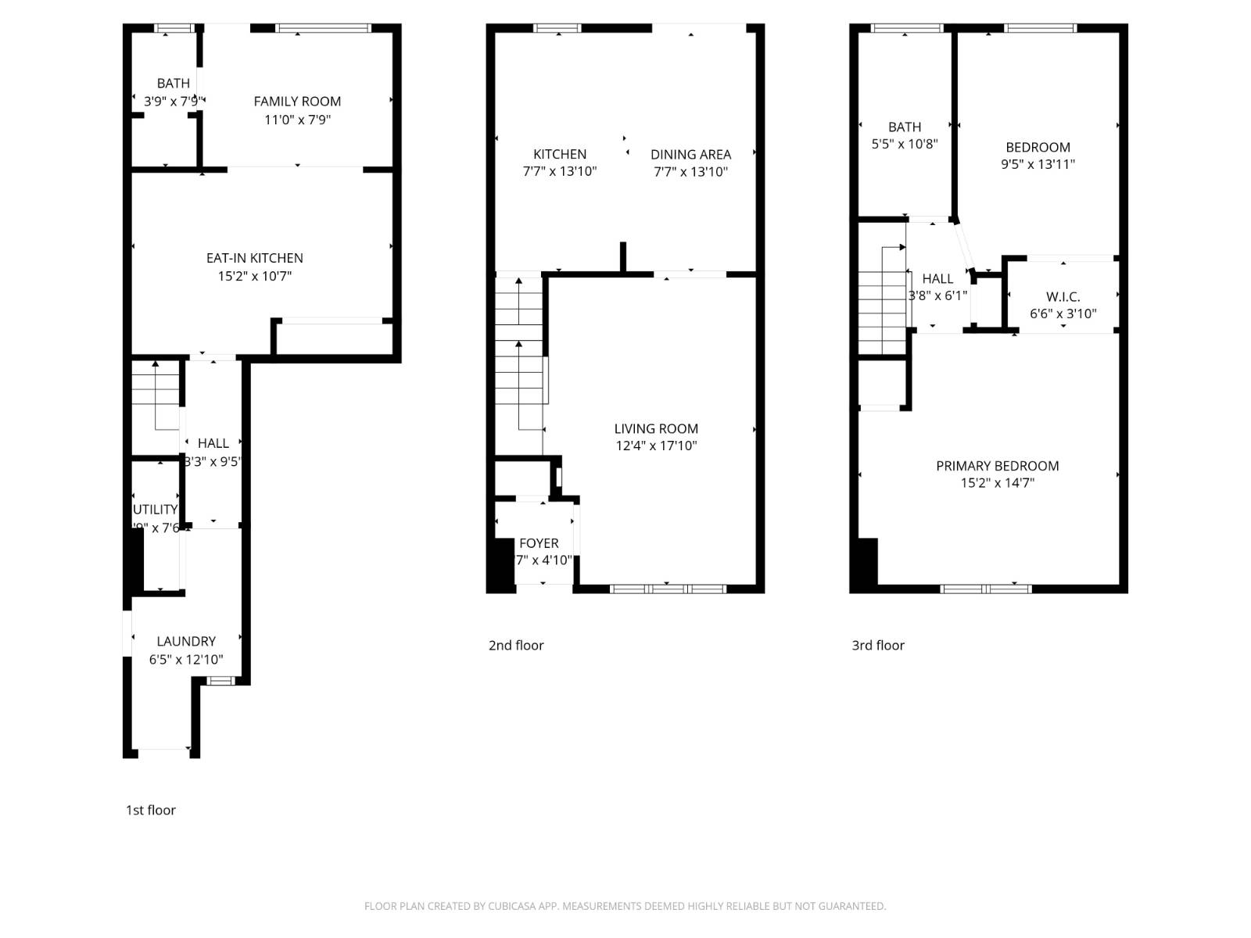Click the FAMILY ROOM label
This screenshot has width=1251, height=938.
coord(297,101)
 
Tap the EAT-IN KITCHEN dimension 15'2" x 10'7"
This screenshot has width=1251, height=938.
coord(254,276)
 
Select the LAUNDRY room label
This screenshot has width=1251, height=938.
coord(186,641)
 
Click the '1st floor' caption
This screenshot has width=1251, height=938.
coord(150,810)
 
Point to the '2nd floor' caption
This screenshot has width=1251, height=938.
coord(515,645)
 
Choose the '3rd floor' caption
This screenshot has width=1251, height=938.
coord(877,645)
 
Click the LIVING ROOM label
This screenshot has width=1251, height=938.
coord(655,428)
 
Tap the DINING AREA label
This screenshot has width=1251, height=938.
coord(690,154)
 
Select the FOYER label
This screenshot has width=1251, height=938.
coord(539,543)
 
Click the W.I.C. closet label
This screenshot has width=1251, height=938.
coord(1063,297)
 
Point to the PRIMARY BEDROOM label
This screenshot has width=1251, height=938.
coord(997,466)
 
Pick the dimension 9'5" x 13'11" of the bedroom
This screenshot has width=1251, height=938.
coord(1038,164)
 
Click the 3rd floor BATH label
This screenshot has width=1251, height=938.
coord(904,127)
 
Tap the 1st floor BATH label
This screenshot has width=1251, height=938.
coord(173,83)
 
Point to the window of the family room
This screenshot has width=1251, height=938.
coord(322,29)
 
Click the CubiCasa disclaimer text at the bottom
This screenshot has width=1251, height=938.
coord(625,906)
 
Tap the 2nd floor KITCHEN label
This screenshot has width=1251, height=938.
coord(559,154)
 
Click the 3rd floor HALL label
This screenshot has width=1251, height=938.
coord(937,278)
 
